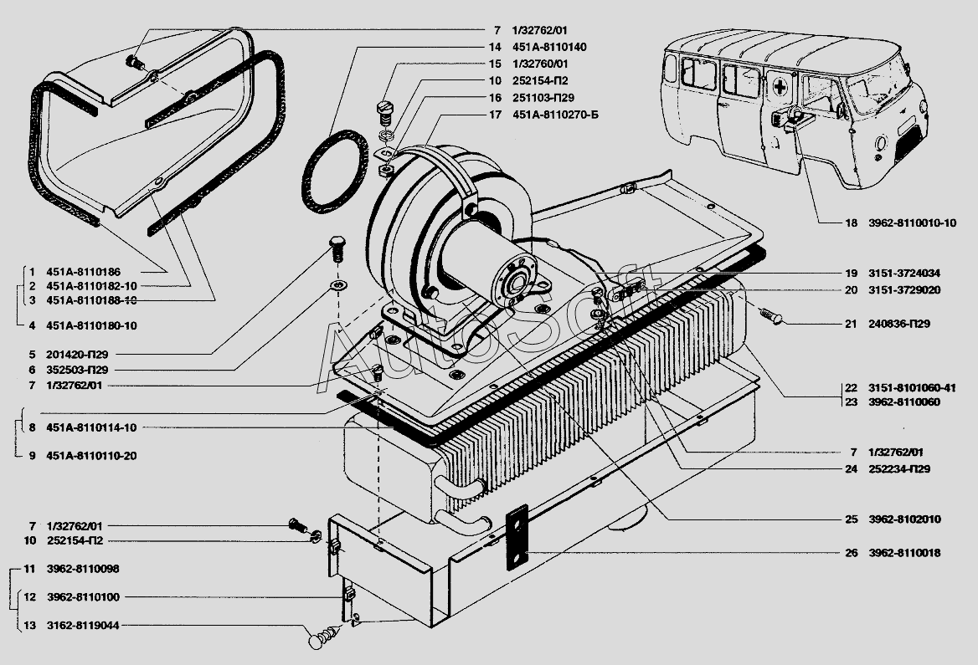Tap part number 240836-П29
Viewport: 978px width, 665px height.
pyautogui.click(x=898, y=324)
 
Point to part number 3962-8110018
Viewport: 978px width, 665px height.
pyautogui.click(x=904, y=553)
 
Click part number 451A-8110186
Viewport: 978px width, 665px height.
pyautogui.click(x=84, y=272)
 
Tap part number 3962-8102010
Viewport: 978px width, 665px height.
pyautogui.click(x=904, y=519)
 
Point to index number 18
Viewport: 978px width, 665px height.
pyautogui.click(x=851, y=223)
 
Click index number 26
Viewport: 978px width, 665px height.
pyautogui.click(x=851, y=553)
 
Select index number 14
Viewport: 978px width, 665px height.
pyautogui.click(x=495, y=47)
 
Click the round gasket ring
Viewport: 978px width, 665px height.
pyautogui.click(x=334, y=171)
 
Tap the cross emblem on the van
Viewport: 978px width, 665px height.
pyautogui.click(x=780, y=87)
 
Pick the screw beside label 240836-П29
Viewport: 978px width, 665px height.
pyautogui.click(x=771, y=315)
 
